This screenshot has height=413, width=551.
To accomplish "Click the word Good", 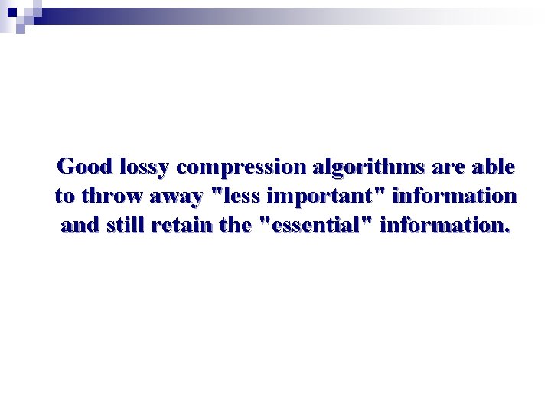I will [x=85, y=166].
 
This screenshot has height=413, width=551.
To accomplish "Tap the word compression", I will [x=240, y=167].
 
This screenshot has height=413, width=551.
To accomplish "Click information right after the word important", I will [x=455, y=196].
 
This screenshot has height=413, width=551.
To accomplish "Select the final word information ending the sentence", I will [x=442, y=225].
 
